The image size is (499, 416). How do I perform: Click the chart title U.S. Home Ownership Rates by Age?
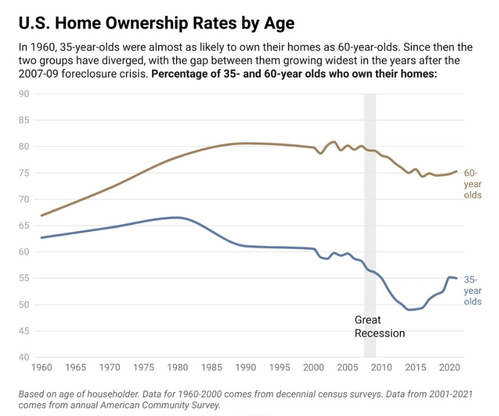point(156,23)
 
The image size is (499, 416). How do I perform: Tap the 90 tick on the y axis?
point(24,94)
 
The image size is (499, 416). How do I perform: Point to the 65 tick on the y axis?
point(24,225)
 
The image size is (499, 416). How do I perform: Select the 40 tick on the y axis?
point(24,358)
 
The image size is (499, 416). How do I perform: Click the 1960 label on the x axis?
point(41,368)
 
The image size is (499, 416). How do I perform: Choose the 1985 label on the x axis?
point(210,368)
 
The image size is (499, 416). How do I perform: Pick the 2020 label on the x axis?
point(448,368)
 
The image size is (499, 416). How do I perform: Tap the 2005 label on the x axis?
point(346,368)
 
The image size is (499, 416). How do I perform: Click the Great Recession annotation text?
point(379,326)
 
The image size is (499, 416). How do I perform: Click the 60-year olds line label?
point(472,184)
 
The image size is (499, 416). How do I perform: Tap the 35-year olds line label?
point(472,290)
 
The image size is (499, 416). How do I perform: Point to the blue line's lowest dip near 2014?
point(410,309)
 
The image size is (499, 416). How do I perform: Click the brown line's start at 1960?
point(41,215)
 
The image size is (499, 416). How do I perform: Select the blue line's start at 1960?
point(41,237)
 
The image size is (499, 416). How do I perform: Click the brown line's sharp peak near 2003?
point(334,142)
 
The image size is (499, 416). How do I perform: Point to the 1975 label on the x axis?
point(142,368)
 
